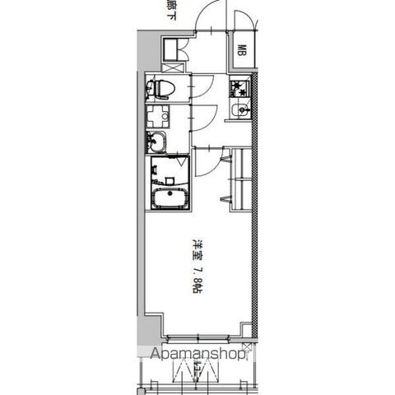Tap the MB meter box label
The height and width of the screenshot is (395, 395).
point(244,50)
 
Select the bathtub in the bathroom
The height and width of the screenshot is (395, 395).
point(169,198)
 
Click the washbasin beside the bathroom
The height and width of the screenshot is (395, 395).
point(156,142)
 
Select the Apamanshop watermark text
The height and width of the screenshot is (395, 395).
point(197,356)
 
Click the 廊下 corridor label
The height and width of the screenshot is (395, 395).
point(171,7)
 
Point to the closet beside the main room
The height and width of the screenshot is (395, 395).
point(240,177)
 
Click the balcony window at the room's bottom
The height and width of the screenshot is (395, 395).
point(197,337)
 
